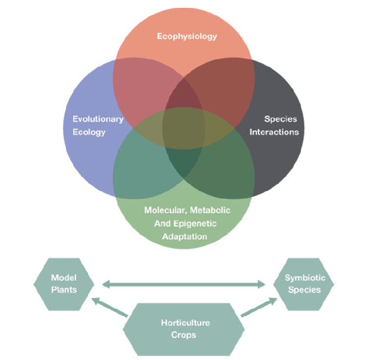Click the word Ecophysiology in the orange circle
(x=186, y=36)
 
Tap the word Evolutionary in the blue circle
(x=98, y=119)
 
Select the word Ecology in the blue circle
(x=89, y=132)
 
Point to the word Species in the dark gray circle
(x=280, y=119)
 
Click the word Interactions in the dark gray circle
(x=274, y=132)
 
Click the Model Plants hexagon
(x=64, y=284)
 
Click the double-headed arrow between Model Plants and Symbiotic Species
(x=183, y=284)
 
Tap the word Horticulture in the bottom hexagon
(x=185, y=323)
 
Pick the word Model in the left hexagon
(x=64, y=278)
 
